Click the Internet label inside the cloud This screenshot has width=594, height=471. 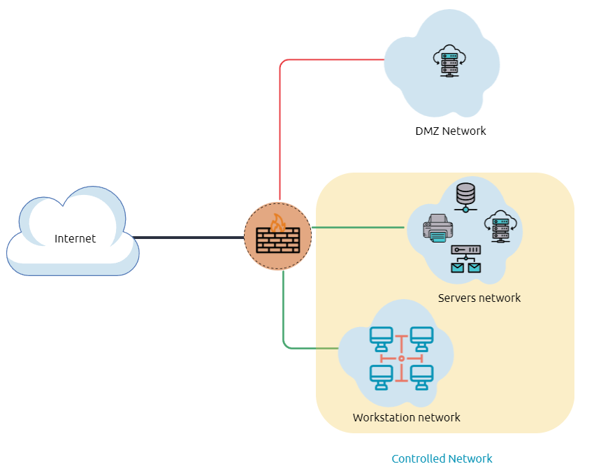pos(75,239)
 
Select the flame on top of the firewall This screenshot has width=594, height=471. pos(278,222)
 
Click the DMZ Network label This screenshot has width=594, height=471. pos(450,131)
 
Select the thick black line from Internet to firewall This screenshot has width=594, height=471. pos(189,238)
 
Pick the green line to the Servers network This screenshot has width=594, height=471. pos(356,227)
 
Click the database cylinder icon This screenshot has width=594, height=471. pos(465,195)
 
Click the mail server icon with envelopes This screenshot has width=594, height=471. pos(465,259)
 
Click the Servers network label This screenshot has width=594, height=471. pos(479,298)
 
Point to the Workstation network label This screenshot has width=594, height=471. pos(406,418)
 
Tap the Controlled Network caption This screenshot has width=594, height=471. pos(442,459)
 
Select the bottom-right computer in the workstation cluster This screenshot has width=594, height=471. pos(421,377)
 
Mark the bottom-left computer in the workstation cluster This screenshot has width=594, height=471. pos(382,377)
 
